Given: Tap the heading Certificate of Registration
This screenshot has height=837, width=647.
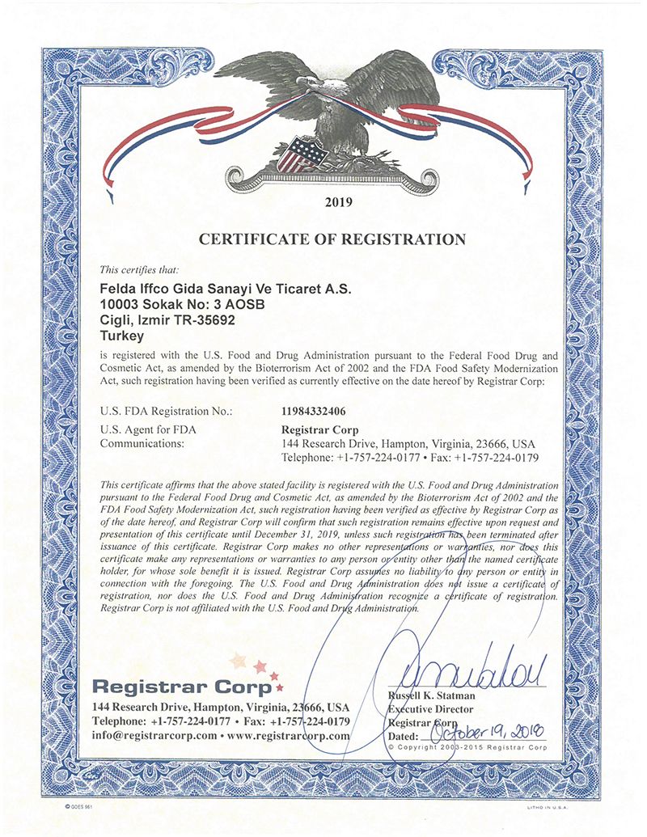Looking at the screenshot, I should point(332,239).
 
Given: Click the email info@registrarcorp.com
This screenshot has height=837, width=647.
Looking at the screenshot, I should point(154,736).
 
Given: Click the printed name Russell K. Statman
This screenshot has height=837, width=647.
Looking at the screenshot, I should point(431,695).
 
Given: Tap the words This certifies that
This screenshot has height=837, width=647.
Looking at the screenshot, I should point(145,269).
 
